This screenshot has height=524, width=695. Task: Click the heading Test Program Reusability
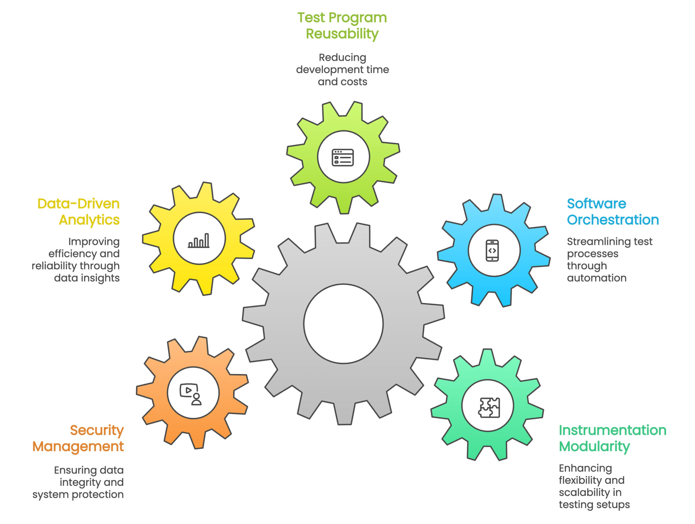click(x=342, y=26)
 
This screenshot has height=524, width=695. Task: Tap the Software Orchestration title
click(x=613, y=212)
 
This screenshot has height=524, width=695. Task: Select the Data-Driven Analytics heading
click(x=78, y=212)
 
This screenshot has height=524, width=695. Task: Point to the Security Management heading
click(x=78, y=438)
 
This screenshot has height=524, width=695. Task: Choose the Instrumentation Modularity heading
click(x=613, y=438)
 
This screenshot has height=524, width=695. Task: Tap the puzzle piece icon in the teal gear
click(x=489, y=407)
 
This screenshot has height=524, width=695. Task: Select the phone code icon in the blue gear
click(x=492, y=250)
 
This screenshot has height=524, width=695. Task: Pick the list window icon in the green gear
click(x=343, y=158)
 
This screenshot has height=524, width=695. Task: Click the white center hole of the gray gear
click(x=343, y=324)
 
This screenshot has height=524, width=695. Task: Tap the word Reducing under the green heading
click(x=342, y=58)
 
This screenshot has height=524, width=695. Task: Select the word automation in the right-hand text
click(x=597, y=278)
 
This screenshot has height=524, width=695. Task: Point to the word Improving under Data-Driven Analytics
click(x=94, y=242)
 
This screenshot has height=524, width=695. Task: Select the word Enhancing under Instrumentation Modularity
click(x=585, y=469)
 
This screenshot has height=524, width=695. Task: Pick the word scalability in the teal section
click(x=584, y=493)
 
